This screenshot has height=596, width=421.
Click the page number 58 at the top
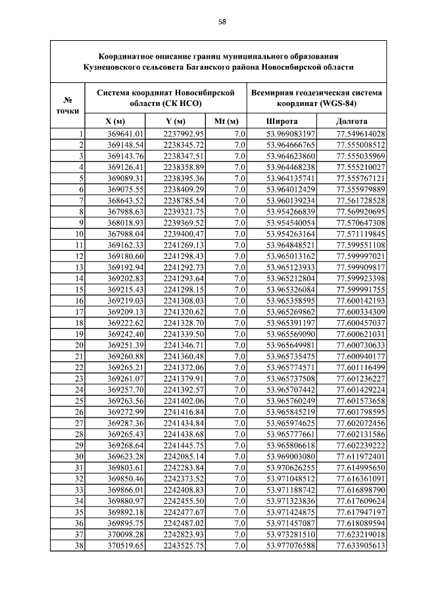(x=222, y=22)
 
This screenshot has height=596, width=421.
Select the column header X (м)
(x=115, y=121)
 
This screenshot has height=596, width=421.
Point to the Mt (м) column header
(x=226, y=121)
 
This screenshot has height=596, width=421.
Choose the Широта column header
(x=282, y=121)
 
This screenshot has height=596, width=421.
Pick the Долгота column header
(x=351, y=121)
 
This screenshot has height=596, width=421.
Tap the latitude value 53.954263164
(x=291, y=233)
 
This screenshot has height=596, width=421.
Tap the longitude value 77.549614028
(x=360, y=134)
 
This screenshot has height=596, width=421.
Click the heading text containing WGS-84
(x=316, y=98)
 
